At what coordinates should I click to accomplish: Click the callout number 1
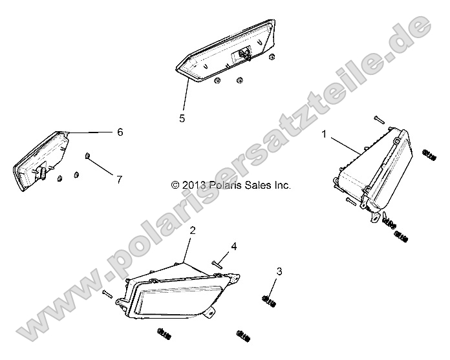coord(325,134)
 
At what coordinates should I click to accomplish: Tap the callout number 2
coord(193,230)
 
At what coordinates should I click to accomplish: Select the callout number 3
coord(279,271)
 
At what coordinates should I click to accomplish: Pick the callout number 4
coord(234,246)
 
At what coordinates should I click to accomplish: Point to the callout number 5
coord(182,118)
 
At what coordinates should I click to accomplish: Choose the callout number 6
coord(120,132)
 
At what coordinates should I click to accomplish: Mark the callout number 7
coord(120,180)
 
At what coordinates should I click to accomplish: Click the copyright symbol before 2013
coord(175,185)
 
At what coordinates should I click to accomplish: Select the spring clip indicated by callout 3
coord(269,301)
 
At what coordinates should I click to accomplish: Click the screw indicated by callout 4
coord(217,264)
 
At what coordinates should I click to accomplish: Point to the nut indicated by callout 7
coord(87,156)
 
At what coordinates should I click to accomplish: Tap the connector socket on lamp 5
coord(244,54)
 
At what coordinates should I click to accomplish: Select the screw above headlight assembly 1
coord(379,120)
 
